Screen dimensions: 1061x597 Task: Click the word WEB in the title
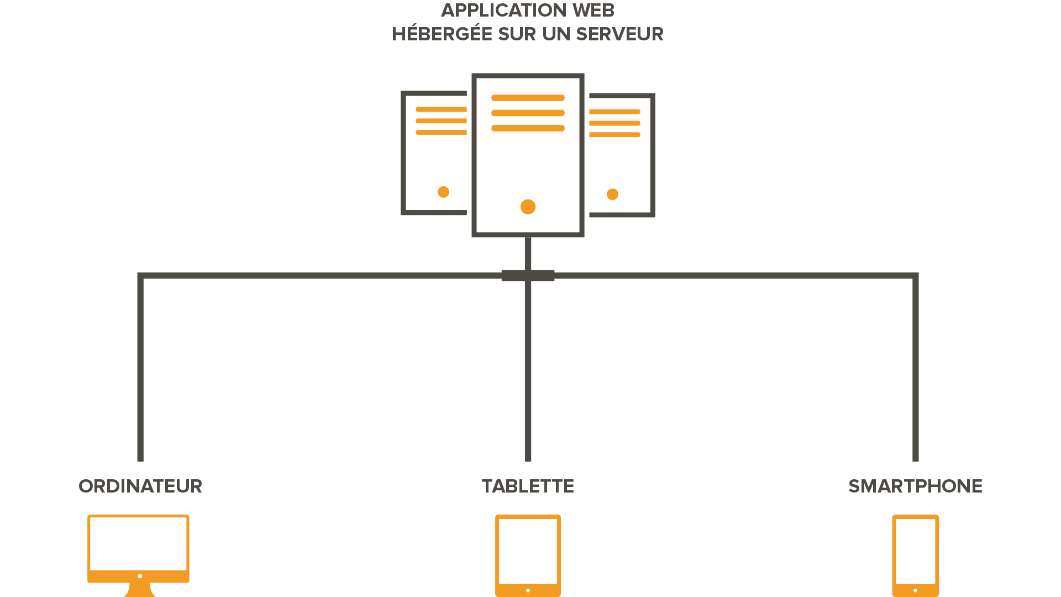[594, 11]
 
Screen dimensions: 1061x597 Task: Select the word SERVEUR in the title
[619, 34]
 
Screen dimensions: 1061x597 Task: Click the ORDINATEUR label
[140, 486]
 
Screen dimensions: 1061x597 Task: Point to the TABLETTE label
[528, 486]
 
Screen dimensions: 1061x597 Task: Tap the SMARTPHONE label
[915, 486]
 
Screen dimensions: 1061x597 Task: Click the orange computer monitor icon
[138, 553]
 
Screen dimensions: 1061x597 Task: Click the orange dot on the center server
[528, 207]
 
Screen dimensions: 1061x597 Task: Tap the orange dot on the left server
[443, 192]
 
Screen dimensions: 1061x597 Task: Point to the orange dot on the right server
[612, 194]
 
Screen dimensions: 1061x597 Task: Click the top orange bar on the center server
[528, 98]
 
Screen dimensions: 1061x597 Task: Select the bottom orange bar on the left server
[441, 133]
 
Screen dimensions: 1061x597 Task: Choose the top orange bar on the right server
[614, 112]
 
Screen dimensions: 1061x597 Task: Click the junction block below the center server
[528, 275]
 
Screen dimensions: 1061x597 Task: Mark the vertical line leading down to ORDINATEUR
[140, 370]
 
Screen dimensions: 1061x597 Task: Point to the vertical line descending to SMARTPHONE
[916, 370]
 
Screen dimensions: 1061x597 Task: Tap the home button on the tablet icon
[528, 590]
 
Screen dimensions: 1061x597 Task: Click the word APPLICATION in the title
[504, 11]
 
